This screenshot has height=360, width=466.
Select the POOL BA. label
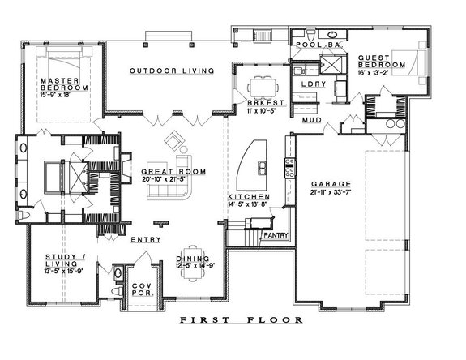pyautogui.click(x=313, y=45)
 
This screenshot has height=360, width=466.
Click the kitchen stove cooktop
pyautogui.click(x=287, y=169)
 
